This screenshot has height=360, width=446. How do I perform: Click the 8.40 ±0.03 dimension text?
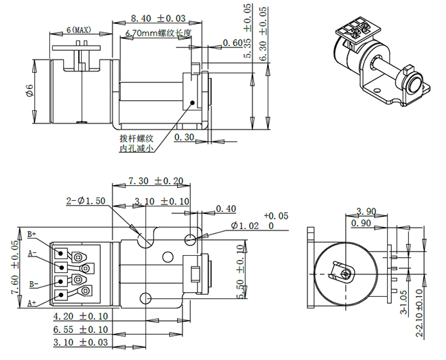157,17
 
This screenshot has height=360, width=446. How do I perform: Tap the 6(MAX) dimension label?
79,30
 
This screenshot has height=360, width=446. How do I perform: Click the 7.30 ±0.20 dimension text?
156,181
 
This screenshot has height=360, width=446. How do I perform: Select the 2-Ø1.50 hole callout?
84,201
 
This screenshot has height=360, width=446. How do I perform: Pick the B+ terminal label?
32,235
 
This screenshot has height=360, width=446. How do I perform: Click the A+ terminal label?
32,302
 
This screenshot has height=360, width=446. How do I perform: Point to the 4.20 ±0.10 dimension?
80,317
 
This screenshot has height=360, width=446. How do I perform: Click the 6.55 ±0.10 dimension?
80,329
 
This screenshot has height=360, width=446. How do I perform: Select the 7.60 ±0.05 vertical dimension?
15,267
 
